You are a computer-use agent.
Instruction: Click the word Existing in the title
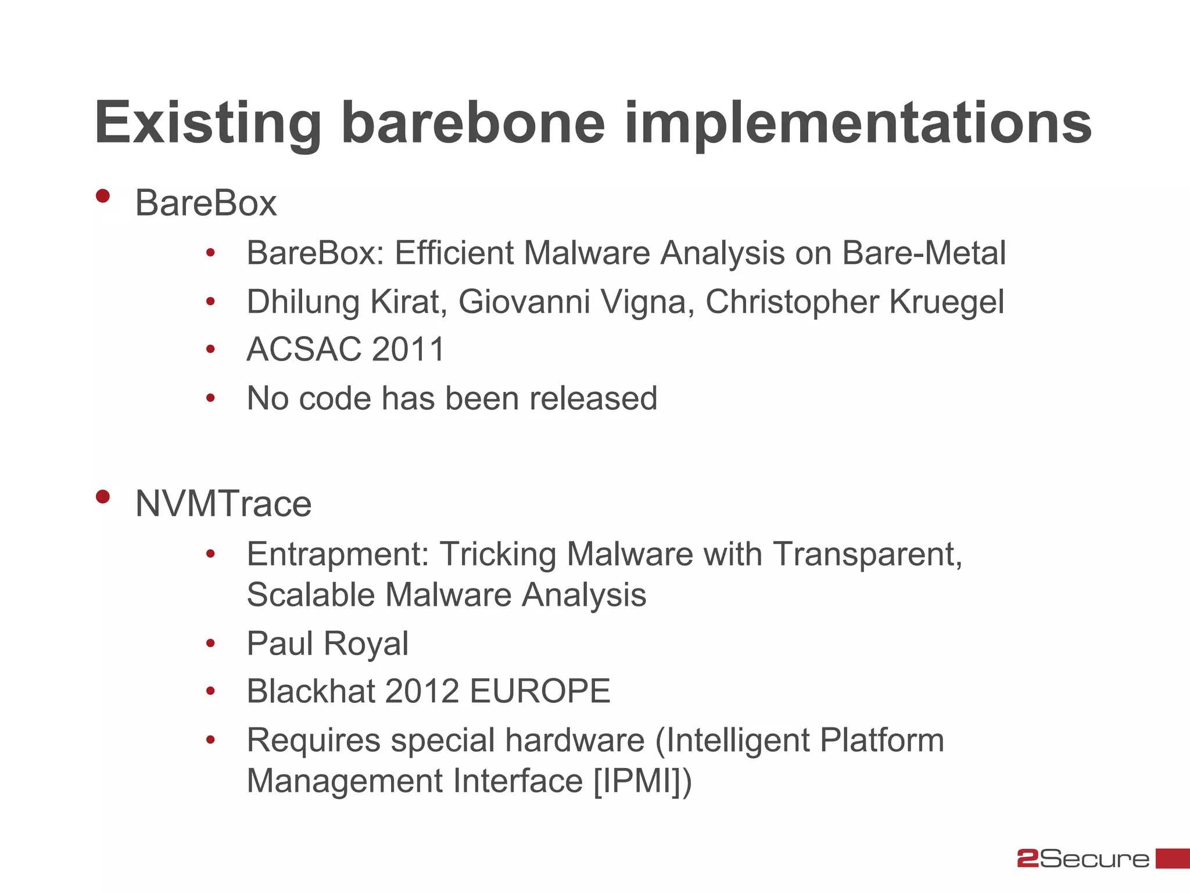pos(207,123)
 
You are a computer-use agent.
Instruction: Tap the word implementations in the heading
pos(858,123)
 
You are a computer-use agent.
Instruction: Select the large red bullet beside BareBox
pos(103,196)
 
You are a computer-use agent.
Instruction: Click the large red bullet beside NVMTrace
pos(103,496)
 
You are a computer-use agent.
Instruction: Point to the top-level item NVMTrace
pos(223,503)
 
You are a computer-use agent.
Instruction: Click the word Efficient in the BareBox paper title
pos(454,253)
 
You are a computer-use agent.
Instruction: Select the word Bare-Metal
pos(924,253)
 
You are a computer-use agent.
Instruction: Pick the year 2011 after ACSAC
pos(408,349)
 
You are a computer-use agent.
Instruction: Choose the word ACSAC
pos(304,349)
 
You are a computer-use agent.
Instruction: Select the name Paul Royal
pos(327,644)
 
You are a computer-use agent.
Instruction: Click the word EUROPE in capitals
pos(540,691)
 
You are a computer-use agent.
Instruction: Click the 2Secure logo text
pos(1083,859)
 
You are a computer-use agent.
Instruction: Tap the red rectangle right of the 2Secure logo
pos(1172,859)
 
